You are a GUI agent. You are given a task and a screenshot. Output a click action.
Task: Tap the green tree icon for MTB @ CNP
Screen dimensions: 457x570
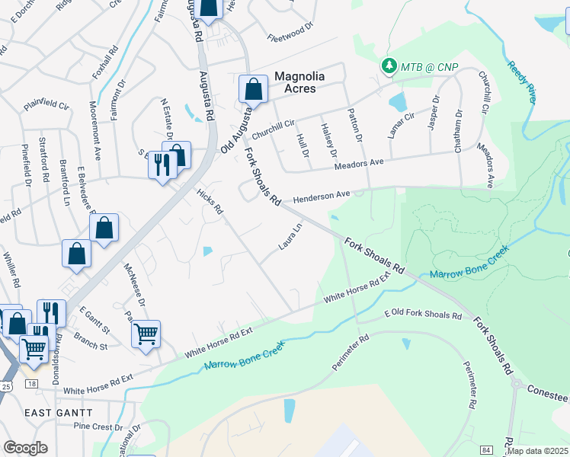click(x=389, y=67)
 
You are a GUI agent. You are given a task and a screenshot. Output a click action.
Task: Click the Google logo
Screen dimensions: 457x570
click(x=25, y=448)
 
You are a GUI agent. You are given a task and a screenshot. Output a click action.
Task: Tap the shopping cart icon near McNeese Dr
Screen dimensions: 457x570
click(x=146, y=333)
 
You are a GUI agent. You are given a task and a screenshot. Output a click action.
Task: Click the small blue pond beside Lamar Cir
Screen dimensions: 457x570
click(x=397, y=102)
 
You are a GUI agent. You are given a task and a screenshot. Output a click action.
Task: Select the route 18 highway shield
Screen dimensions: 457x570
click(x=31, y=385)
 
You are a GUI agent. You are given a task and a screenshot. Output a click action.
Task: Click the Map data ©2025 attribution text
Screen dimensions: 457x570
click(x=537, y=451)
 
